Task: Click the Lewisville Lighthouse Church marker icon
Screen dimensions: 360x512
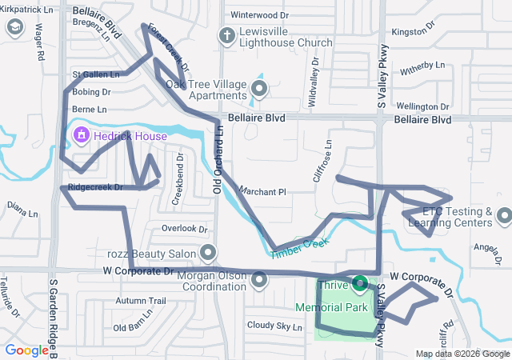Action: pos(227,35)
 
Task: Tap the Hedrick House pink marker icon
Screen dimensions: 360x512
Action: pos(81,137)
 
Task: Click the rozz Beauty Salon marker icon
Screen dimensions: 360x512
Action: pos(209,254)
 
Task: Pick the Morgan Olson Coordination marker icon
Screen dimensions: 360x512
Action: pos(259,281)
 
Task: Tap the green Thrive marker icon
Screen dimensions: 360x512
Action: pos(360,284)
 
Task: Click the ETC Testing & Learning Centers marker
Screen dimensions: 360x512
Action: pos(504,216)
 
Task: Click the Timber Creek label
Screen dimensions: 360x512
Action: pos(300,248)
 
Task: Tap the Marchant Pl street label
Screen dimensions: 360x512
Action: pos(262,192)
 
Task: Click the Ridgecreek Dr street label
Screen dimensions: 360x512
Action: pos(95,188)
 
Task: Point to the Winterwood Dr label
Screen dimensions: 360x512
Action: pos(259,15)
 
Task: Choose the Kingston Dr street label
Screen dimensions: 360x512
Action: pos(413,32)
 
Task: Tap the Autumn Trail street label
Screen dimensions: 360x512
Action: pos(140,301)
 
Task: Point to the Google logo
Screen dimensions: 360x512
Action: pos(26,350)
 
